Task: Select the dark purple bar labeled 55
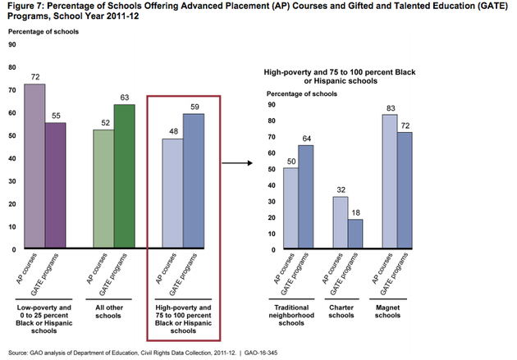click(55, 185)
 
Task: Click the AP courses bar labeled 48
click(172, 194)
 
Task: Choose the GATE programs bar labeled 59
click(194, 180)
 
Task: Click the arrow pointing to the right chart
click(236, 162)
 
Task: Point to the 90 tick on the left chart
click(12, 45)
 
